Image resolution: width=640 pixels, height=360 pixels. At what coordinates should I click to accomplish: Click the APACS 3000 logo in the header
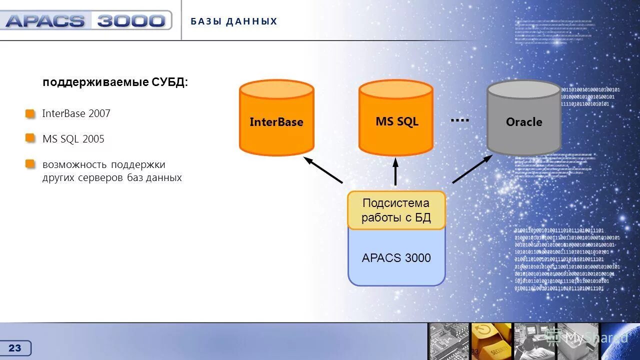[85, 20]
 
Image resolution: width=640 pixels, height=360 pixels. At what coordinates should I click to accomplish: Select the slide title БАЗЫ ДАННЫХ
[234, 21]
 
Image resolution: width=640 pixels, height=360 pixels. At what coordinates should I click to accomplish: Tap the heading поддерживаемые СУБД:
[115, 82]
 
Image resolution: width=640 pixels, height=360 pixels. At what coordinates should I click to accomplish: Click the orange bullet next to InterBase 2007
[30, 113]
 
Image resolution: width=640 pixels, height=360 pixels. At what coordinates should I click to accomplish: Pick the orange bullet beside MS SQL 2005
[30, 137]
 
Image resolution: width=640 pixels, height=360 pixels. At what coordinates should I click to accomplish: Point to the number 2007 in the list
[99, 113]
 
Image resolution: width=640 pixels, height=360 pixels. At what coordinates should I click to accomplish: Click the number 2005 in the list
[93, 139]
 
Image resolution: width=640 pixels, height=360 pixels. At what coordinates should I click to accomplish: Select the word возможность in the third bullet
[74, 165]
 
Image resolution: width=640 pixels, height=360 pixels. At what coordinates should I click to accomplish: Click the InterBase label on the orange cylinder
[276, 122]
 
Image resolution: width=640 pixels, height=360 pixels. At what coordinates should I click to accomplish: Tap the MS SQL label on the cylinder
[396, 121]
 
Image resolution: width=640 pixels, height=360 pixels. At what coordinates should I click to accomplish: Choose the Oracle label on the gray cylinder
[524, 122]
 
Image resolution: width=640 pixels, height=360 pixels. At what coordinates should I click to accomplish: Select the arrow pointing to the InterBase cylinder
[323, 170]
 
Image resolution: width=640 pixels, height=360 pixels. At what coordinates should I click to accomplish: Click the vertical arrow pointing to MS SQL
[395, 171]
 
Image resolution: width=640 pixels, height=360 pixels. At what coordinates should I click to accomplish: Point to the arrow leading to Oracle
[472, 169]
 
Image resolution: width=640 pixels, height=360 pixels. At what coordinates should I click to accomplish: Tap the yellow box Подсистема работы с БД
[396, 210]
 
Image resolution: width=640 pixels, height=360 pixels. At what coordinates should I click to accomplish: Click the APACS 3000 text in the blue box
[396, 258]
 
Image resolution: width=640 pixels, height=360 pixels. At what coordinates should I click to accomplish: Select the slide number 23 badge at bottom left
[15, 348]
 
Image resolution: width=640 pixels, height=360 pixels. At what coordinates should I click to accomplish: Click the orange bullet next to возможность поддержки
[30, 163]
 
